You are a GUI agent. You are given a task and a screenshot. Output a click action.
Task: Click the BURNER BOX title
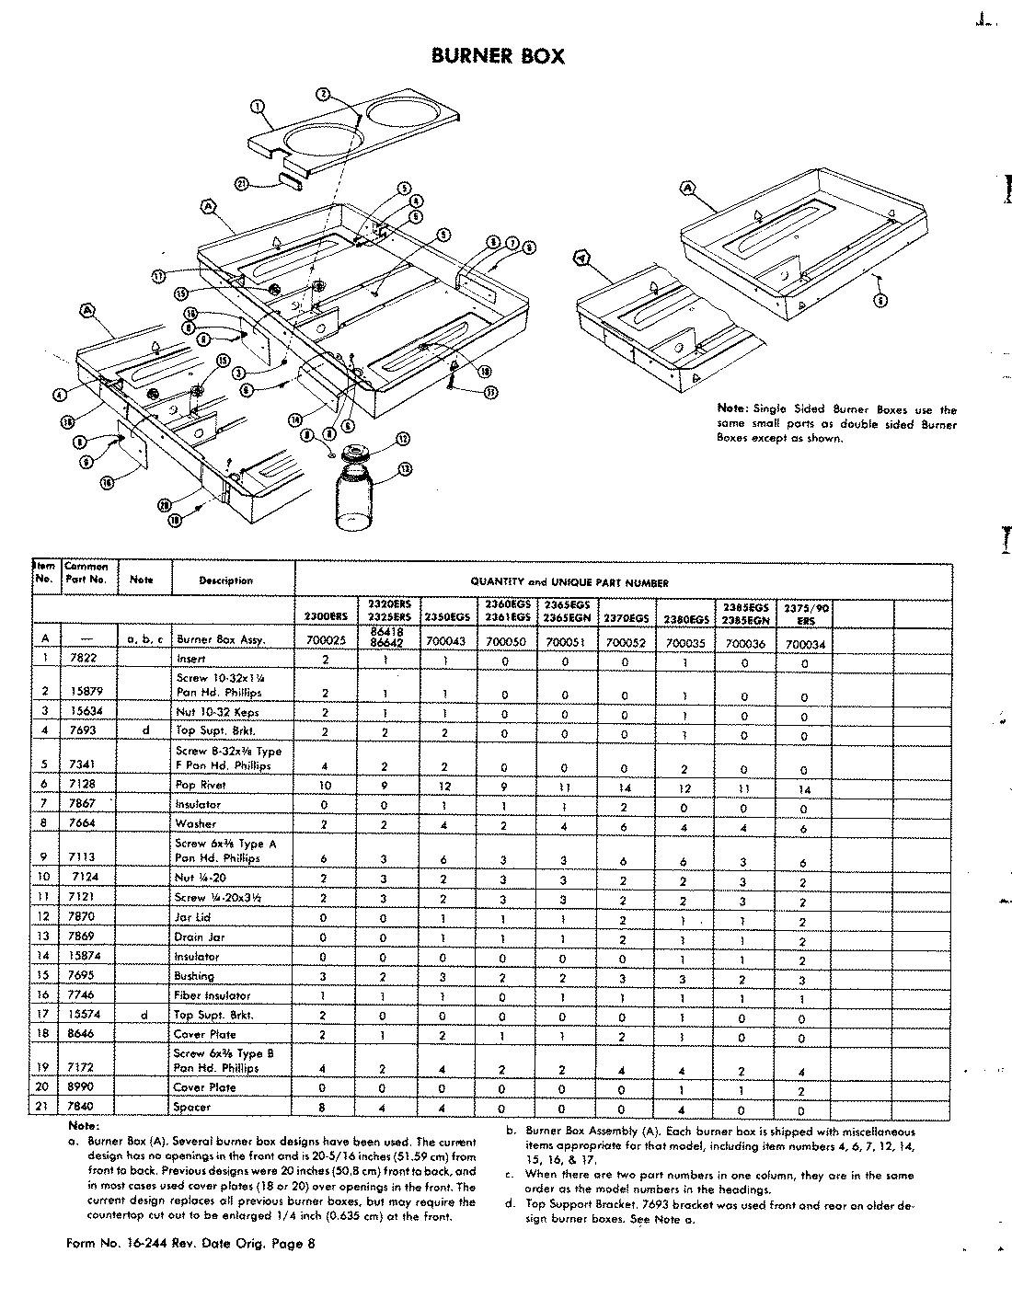pyautogui.click(x=498, y=56)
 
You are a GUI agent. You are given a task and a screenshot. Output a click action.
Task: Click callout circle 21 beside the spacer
pyautogui.click(x=242, y=183)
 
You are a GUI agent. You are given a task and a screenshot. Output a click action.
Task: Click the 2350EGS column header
pyautogui.click(x=445, y=617)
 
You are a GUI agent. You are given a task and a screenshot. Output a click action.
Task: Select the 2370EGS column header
pyautogui.click(x=627, y=618)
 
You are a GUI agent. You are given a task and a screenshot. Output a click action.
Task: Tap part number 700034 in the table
pyautogui.click(x=803, y=644)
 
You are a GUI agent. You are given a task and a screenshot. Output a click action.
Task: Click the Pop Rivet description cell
pyautogui.click(x=200, y=785)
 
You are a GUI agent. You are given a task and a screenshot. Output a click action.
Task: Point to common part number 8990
pyautogui.click(x=80, y=1086)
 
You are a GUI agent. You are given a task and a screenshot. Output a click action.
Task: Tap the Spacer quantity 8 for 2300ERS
pyautogui.click(x=325, y=1109)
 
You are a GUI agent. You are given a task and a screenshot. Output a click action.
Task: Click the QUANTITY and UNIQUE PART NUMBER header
pyautogui.click(x=569, y=581)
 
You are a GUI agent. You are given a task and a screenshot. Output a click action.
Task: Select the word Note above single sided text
pyautogui.click(x=732, y=408)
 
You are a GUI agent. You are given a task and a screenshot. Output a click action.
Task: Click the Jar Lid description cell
pyautogui.click(x=194, y=916)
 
